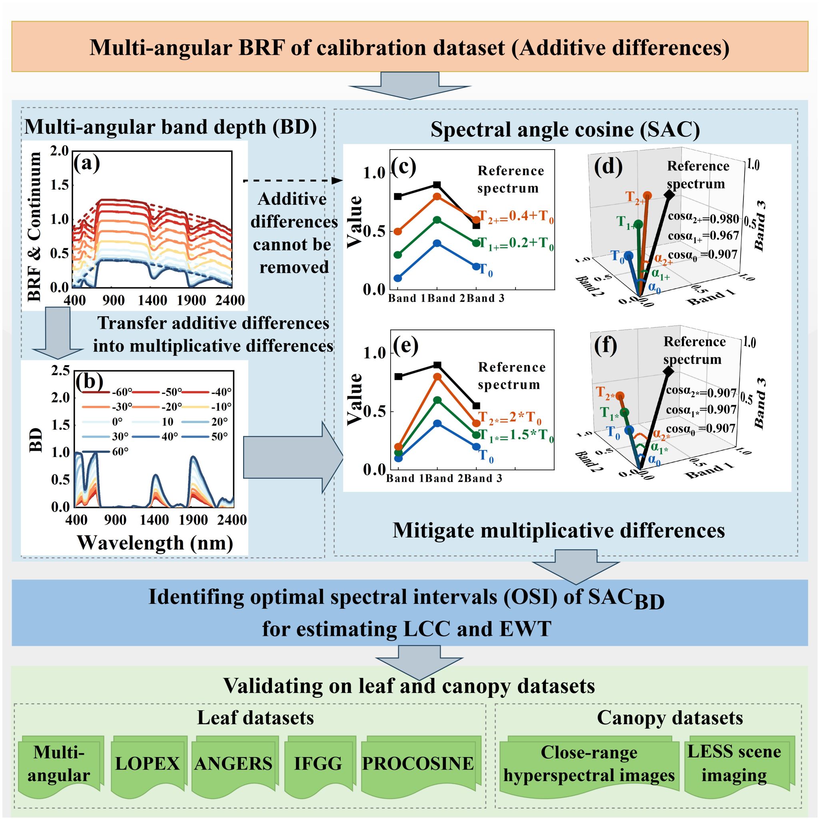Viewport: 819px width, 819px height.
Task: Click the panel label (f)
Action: point(605,346)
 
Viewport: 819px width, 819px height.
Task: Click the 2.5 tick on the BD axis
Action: point(61,370)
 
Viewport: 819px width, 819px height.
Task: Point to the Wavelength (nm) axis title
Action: point(155,543)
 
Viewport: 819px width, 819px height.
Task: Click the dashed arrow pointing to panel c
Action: point(292,181)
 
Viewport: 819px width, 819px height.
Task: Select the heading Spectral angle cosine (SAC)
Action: point(565,130)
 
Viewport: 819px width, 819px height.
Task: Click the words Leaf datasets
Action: point(256,718)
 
